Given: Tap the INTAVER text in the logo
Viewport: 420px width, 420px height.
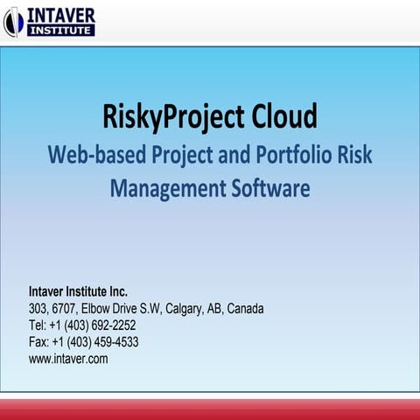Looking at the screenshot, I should pos(62,15).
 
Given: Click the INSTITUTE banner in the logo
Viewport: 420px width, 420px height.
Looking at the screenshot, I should pos(61,31).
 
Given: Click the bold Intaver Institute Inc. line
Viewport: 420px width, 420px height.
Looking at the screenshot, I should pos(78,292).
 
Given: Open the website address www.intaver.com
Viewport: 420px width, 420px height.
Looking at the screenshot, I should pos(68,359).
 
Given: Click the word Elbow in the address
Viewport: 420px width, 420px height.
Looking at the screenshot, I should pos(96,309).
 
